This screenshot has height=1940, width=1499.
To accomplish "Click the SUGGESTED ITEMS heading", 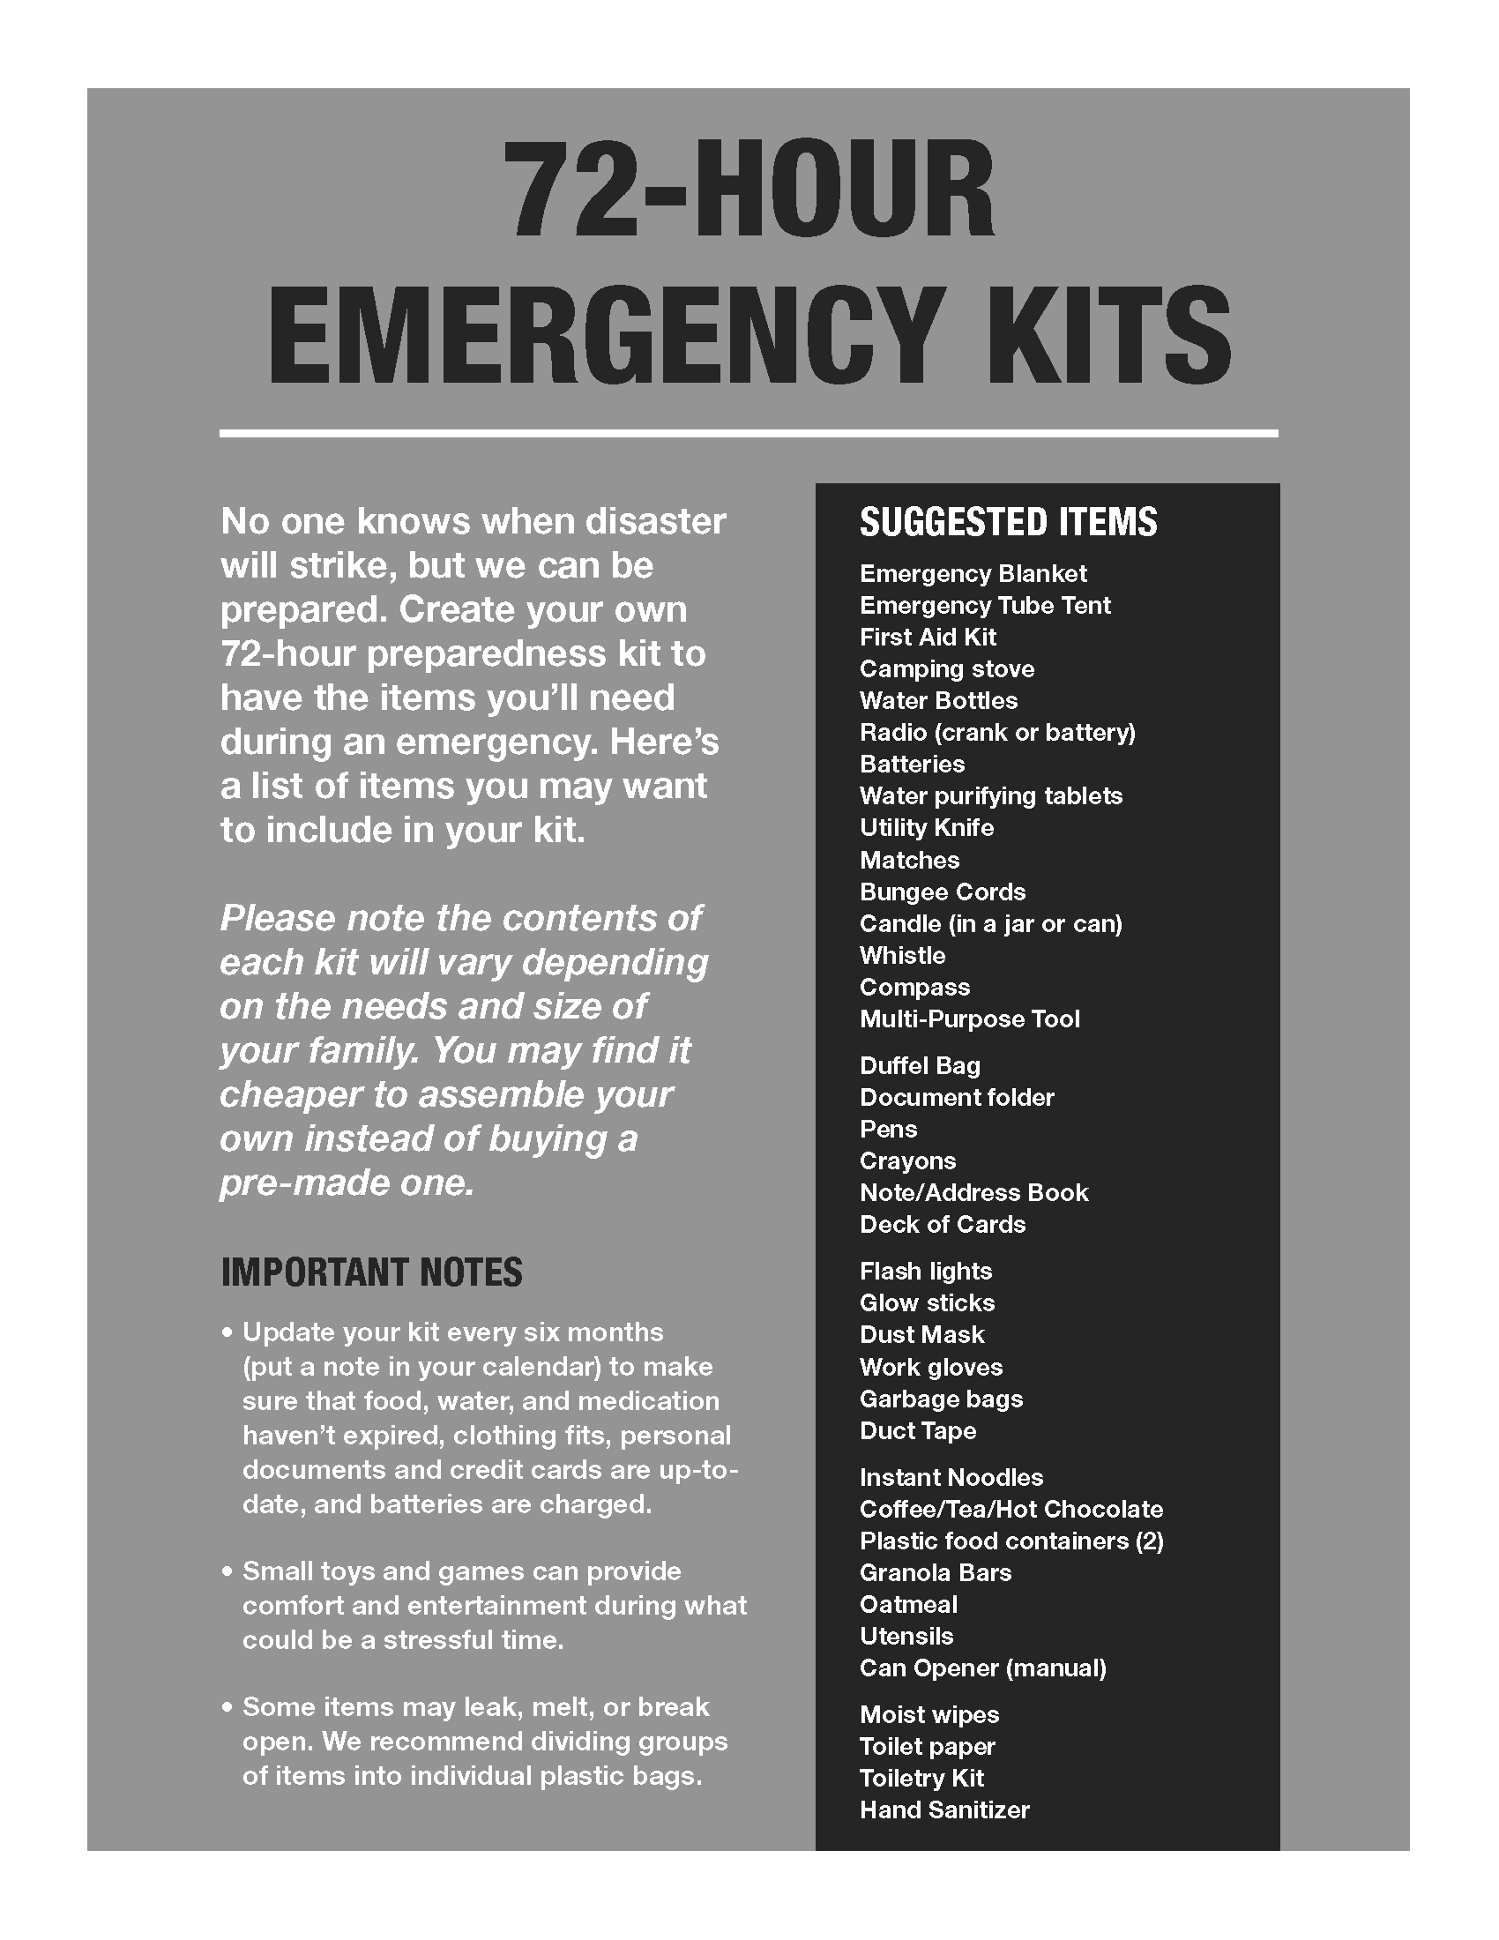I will click(x=1008, y=522).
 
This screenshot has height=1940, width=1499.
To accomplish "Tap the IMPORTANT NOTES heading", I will click(x=371, y=1272).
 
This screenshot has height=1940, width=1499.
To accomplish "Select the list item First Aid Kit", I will click(x=927, y=637).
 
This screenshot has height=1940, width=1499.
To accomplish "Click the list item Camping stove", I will click(x=947, y=669).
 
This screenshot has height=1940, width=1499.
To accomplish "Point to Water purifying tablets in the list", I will click(x=990, y=796).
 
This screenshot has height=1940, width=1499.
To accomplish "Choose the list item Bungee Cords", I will click(x=943, y=892).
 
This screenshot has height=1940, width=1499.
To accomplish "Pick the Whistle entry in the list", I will click(x=902, y=956).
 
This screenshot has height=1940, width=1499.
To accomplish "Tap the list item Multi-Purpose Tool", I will click(x=969, y=1018).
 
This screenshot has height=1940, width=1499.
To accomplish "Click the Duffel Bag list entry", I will click(x=919, y=1066).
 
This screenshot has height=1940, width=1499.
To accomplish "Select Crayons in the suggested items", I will click(x=907, y=1161).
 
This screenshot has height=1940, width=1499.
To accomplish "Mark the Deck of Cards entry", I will click(x=943, y=1225).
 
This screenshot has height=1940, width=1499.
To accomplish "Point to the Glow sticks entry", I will click(x=926, y=1303).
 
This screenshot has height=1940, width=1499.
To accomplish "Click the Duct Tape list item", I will click(x=917, y=1431).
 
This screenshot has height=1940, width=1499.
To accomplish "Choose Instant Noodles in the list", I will click(x=951, y=1478).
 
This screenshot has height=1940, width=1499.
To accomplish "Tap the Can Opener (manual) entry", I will click(x=982, y=1668).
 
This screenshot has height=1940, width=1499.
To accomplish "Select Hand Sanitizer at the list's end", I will click(x=944, y=1810).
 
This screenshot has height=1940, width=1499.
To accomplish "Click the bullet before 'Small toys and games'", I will click(x=227, y=1571).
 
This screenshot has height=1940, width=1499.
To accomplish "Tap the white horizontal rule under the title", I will click(x=748, y=434).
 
